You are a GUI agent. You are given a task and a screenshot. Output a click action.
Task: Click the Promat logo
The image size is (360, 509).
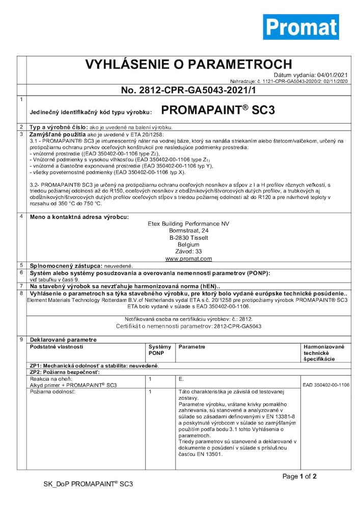(300, 27)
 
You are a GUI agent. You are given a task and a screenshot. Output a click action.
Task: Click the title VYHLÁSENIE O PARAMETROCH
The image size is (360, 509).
(188, 65)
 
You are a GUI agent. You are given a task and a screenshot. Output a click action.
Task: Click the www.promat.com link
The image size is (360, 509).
(188, 259)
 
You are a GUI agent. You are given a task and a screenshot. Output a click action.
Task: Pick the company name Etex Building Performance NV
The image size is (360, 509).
(188, 223)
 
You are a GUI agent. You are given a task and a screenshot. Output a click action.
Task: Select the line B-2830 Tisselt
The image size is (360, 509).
(188, 238)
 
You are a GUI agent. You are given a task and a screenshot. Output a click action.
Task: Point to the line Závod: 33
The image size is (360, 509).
(188, 251)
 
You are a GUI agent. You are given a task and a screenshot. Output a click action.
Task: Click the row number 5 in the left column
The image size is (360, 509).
(21, 266)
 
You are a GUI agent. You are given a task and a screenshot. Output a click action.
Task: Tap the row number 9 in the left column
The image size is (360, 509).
(21, 339)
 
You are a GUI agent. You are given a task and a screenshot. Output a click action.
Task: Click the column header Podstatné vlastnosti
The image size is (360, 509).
(57, 347)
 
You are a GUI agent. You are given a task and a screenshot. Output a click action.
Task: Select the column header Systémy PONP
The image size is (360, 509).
(160, 350)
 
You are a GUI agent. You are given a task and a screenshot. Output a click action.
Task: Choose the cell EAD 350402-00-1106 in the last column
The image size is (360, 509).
(326, 385)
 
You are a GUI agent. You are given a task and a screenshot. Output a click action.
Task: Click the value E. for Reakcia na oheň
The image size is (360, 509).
(181, 379)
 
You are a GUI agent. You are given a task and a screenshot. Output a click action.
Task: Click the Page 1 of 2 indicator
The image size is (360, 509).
(300, 476)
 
